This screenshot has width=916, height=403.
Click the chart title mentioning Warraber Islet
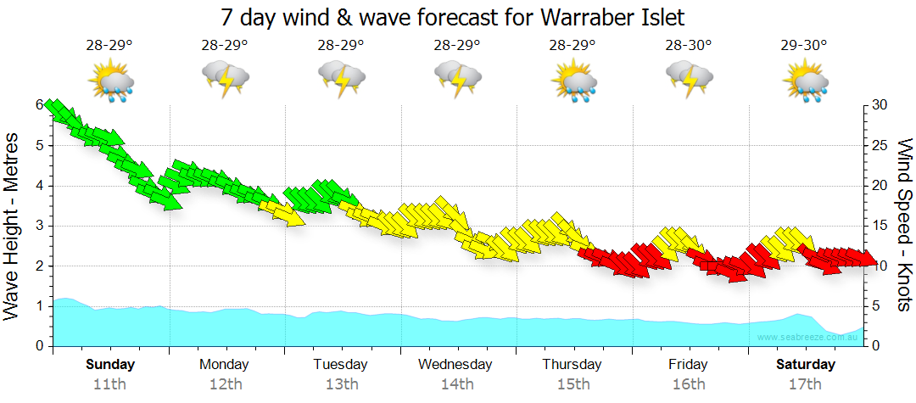click(452, 16)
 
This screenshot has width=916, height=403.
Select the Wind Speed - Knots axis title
click(904, 225)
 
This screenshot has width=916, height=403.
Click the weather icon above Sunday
click(109, 82)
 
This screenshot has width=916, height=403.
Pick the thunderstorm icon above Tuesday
click(341, 81)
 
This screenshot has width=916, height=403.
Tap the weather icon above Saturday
click(805, 82)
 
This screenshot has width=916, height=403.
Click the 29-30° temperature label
click(804, 46)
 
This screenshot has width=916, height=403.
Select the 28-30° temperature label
click(688, 46)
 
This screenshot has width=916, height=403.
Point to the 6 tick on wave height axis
click(39, 104)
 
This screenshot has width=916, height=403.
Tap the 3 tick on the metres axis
click(39, 226)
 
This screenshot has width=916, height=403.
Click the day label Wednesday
click(455, 365)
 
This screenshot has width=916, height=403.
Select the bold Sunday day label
click(109, 365)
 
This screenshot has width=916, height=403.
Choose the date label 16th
click(688, 383)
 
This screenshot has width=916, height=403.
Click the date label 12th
click(225, 383)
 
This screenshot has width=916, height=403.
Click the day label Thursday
click(572, 365)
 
